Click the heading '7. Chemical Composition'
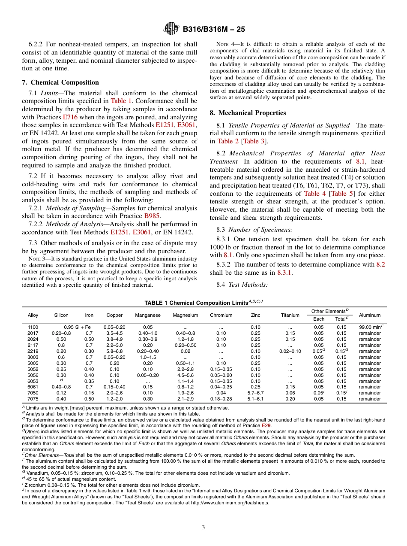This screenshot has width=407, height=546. pos(60,82)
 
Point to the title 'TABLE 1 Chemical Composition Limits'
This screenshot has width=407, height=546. pos(203,302)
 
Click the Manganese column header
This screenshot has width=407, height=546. pos(148,315)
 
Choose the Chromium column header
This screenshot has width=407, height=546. pos(221,315)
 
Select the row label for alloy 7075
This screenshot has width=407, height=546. pos(33,399)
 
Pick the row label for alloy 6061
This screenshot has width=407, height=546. pos(33,387)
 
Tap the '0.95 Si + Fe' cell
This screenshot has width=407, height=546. pos(77,327)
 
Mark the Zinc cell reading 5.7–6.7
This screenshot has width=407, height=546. pos(255,393)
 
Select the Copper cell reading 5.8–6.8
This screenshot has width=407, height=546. pos(114,351)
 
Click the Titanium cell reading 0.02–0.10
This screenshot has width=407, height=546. pos(290,351)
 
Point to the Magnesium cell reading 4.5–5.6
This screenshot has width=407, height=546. pos(185,375)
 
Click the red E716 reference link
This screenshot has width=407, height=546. pos(70,117)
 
